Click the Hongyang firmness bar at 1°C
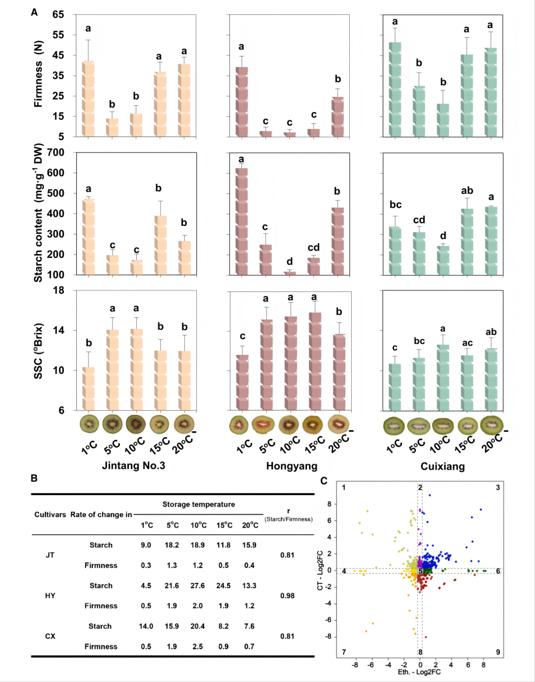(x=242, y=102)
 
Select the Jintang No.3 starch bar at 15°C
(x=160, y=245)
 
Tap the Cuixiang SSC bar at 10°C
(x=443, y=378)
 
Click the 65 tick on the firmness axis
(x=58, y=14)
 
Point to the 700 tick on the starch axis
(x=55, y=153)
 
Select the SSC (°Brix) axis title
(x=38, y=350)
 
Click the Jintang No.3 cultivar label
(x=134, y=465)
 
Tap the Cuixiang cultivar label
(x=442, y=466)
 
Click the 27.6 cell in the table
(x=198, y=585)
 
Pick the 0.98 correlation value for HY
(x=287, y=595)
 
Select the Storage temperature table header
(x=199, y=505)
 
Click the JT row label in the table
(x=50, y=555)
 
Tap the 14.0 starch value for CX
(x=146, y=626)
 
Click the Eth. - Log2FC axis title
(x=419, y=672)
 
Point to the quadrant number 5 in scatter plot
(x=421, y=571)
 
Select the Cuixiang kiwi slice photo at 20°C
(x=492, y=424)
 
